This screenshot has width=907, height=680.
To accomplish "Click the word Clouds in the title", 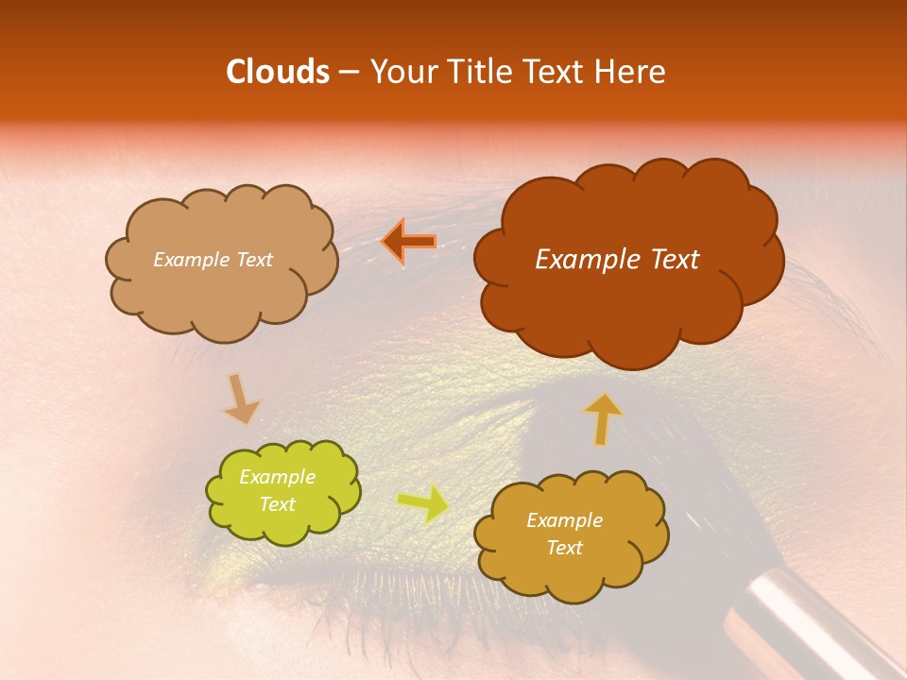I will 277,72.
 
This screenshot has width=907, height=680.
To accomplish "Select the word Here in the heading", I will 633,72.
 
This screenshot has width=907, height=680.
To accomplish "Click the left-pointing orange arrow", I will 409,242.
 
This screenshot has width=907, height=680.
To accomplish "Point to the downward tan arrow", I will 240,399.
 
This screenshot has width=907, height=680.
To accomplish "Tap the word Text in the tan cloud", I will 252,260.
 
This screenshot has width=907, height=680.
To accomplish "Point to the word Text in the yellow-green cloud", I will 278,504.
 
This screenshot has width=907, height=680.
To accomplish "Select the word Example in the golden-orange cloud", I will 564,520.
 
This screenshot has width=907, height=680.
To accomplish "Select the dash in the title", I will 347,73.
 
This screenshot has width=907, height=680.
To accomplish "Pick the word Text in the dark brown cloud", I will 675,260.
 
